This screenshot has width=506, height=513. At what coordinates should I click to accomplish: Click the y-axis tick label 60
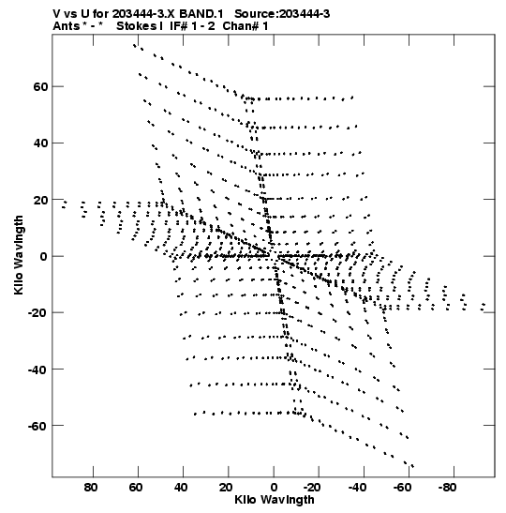[x=40, y=86]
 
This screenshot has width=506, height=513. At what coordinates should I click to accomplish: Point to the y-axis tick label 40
[x=40, y=143]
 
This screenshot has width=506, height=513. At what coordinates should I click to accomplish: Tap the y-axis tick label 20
[x=40, y=200]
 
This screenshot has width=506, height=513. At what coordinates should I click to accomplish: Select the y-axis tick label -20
[x=37, y=313]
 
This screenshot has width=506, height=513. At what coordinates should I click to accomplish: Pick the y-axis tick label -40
[x=37, y=370]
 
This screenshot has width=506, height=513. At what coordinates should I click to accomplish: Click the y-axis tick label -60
[x=37, y=427]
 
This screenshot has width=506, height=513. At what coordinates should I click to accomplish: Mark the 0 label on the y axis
[x=44, y=257]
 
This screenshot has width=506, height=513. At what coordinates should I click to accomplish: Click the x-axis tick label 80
[x=91, y=488]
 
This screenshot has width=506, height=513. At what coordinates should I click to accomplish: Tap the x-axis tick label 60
[x=136, y=488]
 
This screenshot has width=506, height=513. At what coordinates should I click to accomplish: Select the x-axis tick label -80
[x=447, y=488]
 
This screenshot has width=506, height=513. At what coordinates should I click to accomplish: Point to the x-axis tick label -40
[x=357, y=488]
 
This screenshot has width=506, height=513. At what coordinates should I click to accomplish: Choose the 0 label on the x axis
[x=274, y=488]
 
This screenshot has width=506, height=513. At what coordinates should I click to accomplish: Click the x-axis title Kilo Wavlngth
[x=275, y=500]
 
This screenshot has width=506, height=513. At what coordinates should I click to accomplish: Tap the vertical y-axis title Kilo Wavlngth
[x=19, y=255]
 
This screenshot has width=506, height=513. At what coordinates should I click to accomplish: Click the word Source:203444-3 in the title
[x=282, y=14]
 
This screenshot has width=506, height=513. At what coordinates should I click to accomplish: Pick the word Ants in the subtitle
[x=67, y=26]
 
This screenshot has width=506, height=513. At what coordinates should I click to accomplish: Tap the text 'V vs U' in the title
[x=71, y=14]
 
